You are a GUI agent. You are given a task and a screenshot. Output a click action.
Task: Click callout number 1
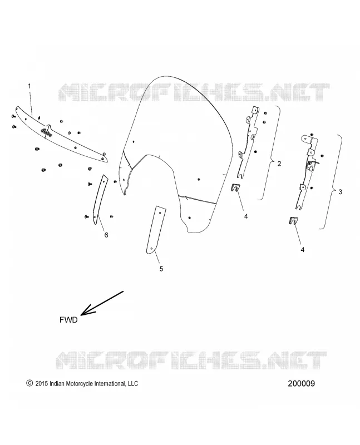tap(29, 86)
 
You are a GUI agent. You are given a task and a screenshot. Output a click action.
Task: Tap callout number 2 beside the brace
tap(279, 164)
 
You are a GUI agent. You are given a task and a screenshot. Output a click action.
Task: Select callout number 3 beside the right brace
tap(341, 192)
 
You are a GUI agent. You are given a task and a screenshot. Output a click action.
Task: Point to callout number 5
tap(161, 269)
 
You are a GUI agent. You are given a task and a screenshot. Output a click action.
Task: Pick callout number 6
tap(106, 235)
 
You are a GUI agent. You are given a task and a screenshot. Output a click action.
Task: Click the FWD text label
tap(68, 320)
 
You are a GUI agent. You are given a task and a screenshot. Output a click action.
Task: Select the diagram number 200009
tap(301, 383)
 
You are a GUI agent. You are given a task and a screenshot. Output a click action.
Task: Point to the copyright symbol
tap(29, 383)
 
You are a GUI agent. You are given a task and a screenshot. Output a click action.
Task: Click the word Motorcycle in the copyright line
tap(79, 384)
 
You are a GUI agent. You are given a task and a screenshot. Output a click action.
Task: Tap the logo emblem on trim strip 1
tap(46, 132)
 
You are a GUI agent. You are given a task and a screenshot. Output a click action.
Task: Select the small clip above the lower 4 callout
tap(294, 220)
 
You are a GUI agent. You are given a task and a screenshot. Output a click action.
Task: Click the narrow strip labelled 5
tap(156, 229)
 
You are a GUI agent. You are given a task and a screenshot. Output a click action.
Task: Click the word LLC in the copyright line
tap(132, 384)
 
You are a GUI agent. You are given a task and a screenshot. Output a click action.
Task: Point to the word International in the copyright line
tap(109, 384)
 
